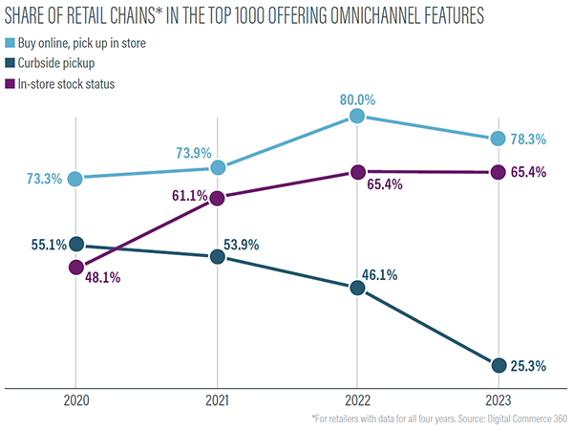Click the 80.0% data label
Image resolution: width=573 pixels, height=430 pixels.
[355, 96]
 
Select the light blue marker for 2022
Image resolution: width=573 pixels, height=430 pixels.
[356, 116]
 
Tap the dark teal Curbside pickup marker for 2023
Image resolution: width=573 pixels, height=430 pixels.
[497, 365]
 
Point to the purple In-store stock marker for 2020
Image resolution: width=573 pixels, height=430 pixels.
[76, 268]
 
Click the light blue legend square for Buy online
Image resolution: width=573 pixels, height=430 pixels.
[11, 45]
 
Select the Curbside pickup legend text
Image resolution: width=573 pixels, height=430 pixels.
[65, 64]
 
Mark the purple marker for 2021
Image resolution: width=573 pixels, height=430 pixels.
[217, 199]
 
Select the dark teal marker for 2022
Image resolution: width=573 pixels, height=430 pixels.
[356, 288]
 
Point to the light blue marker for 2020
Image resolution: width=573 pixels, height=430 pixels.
[76, 178]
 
